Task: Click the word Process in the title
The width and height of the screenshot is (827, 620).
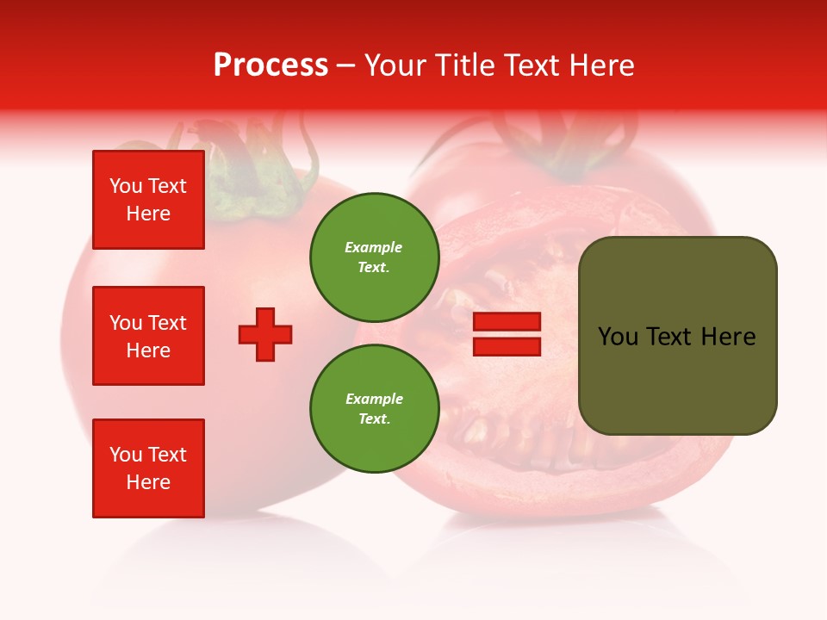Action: click(270, 65)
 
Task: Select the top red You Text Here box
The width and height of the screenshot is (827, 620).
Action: click(148, 200)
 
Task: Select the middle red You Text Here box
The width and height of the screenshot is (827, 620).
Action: click(148, 336)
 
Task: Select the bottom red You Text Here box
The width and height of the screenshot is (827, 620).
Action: click(148, 468)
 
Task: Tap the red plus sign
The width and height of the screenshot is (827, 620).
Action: click(265, 334)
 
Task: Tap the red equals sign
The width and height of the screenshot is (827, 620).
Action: click(507, 334)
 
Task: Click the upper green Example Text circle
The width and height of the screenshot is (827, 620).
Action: click(374, 257)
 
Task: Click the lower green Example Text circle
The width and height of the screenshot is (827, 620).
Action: click(374, 409)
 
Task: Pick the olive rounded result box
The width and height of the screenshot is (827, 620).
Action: click(677, 336)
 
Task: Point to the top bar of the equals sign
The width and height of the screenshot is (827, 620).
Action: click(507, 322)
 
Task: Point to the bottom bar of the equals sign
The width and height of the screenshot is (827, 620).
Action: click(507, 346)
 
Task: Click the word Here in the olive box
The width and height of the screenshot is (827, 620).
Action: click(728, 337)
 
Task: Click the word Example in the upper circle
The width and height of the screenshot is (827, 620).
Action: click(374, 247)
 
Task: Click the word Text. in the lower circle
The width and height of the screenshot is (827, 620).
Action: click(374, 419)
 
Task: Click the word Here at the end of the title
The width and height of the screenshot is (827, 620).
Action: click(600, 65)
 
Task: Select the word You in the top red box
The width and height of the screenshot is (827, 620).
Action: click(126, 186)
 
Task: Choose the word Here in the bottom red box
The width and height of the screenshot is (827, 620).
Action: click(148, 482)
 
